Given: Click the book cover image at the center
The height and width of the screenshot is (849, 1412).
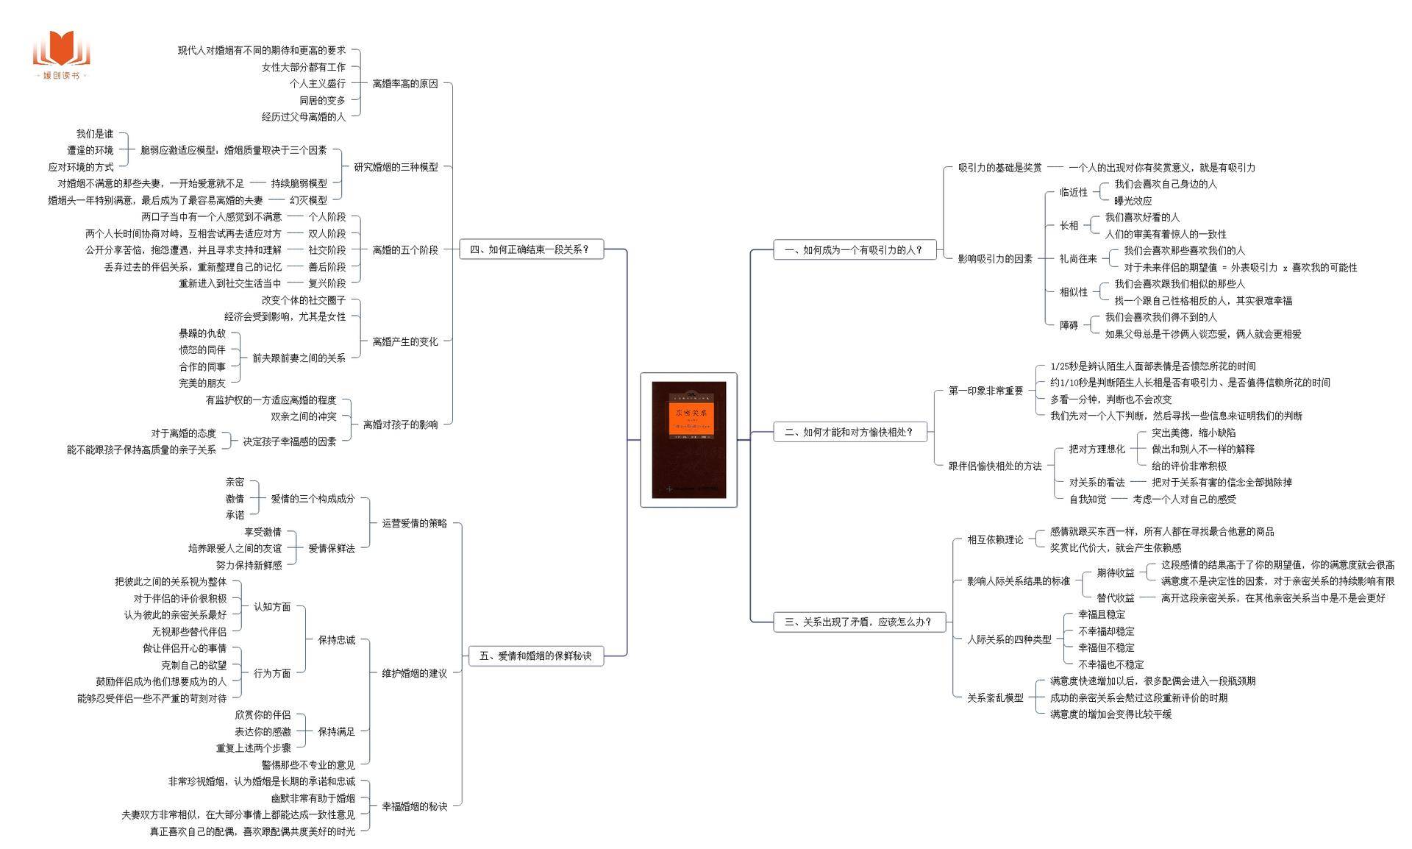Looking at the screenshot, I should [688, 439].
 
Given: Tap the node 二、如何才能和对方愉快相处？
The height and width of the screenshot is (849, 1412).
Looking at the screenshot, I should [848, 433].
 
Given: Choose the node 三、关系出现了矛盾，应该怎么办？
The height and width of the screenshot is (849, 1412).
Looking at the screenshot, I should [857, 622].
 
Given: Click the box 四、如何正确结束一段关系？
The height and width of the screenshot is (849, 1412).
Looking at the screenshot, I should [529, 249].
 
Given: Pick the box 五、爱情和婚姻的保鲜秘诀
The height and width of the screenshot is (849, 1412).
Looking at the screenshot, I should [535, 656].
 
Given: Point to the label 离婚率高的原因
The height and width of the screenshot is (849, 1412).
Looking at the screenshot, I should [404, 84].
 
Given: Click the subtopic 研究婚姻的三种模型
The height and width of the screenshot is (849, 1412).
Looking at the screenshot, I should [396, 167].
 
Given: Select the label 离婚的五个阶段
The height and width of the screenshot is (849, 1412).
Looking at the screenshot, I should [404, 250].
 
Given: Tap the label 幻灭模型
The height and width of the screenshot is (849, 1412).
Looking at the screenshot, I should [308, 200].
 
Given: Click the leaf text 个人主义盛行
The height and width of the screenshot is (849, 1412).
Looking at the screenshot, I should [317, 84].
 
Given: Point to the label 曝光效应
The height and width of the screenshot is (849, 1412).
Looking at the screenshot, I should [1133, 201].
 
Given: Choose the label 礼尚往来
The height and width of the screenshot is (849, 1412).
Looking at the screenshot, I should [1077, 259].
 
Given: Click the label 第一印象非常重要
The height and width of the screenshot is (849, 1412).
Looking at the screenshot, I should [985, 391].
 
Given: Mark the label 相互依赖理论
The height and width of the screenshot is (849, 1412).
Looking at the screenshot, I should [995, 540].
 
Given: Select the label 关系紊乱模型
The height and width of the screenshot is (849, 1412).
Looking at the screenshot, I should [995, 697].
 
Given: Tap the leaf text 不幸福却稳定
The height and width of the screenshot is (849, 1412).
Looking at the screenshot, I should [1106, 631].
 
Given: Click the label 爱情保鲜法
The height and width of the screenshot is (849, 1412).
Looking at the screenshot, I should [331, 548].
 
